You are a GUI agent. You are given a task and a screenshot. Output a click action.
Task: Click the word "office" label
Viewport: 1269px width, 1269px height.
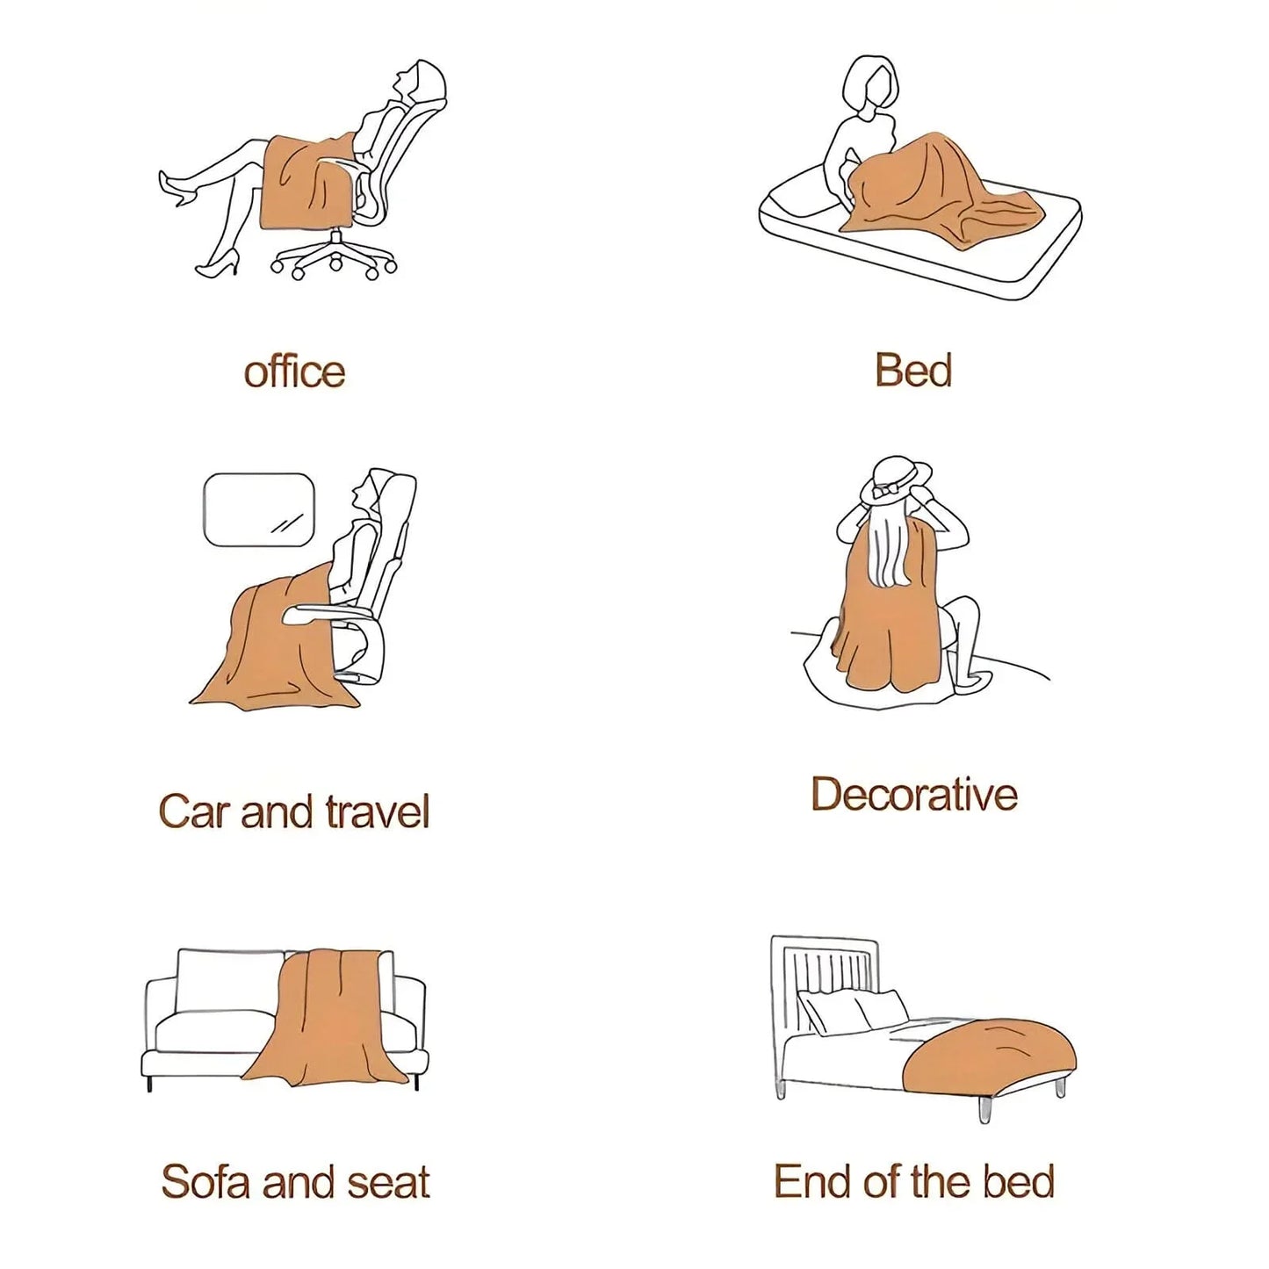294,371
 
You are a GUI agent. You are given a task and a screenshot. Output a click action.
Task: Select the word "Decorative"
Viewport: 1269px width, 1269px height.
914,794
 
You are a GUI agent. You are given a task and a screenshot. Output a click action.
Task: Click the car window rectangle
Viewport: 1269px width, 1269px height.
258,509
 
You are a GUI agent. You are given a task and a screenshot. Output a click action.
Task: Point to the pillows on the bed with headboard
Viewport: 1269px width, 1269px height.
851,1013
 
